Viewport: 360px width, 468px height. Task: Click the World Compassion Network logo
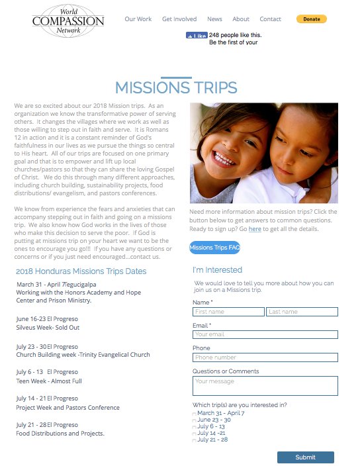coord(68,20)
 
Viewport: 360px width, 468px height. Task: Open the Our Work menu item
coord(138,19)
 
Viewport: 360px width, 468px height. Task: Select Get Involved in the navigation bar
coord(179,19)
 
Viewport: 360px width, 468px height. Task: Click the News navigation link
coord(214,19)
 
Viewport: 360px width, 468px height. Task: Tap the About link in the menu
coord(241,19)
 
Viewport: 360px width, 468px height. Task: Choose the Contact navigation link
coord(270,19)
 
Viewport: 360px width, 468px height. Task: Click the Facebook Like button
coord(197,35)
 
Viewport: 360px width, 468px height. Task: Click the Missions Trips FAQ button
coord(214,248)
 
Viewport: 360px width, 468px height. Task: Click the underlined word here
coord(255,229)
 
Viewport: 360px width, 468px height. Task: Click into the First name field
coord(228,312)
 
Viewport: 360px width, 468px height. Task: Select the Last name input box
coord(302,312)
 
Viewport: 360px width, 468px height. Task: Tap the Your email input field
coord(265,334)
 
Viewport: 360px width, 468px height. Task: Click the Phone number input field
coord(265,357)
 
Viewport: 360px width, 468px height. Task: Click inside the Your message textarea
coord(265,385)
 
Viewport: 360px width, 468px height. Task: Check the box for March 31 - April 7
coord(195,414)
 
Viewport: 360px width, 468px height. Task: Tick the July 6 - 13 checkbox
coord(195,427)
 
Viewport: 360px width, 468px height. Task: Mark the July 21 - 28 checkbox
coord(195,440)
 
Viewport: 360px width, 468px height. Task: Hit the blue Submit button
coord(305,457)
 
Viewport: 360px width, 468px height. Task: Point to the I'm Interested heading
coord(217,270)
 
